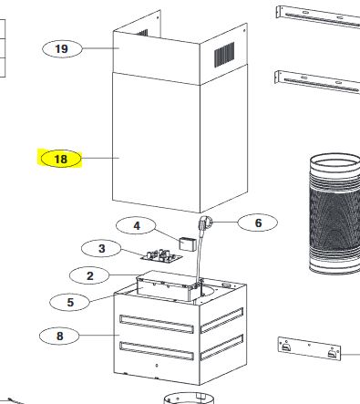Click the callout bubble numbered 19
(62, 48)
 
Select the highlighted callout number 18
(61, 159)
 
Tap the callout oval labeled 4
(136, 226)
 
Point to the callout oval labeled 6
(257, 223)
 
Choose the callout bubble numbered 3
(101, 248)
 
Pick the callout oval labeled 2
(89, 275)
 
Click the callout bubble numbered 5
(70, 302)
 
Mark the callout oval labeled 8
(59, 336)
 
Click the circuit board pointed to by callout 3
(161, 256)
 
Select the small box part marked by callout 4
(188, 244)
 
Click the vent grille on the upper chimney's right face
(224, 55)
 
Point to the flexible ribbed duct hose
(335, 213)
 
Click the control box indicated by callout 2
(168, 286)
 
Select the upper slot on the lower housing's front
(157, 324)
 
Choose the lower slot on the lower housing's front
(157, 351)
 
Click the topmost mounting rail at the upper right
(318, 16)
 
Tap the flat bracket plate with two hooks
(309, 348)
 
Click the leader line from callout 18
(100, 158)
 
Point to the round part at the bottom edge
(189, 398)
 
